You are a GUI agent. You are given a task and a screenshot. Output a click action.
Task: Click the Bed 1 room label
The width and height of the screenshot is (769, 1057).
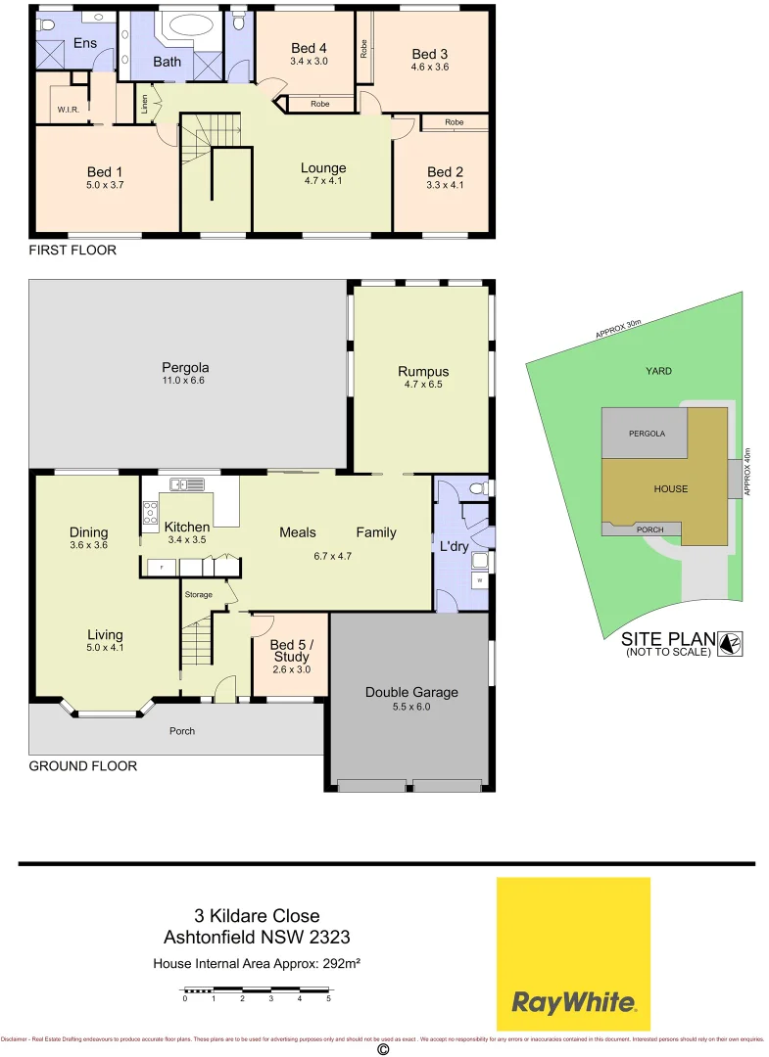tap(105, 171)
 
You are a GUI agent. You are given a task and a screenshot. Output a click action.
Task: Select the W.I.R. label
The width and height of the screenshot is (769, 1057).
tap(68, 110)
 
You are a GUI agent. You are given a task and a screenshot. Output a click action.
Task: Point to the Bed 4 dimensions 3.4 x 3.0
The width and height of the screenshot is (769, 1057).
tap(309, 61)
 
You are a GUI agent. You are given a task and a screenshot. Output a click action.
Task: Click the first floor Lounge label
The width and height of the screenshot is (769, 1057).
tap(322, 168)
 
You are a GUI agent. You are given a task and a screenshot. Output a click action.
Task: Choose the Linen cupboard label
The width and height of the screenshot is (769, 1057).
tap(144, 103)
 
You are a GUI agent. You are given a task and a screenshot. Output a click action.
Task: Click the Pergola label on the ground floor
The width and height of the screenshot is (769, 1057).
tap(185, 368)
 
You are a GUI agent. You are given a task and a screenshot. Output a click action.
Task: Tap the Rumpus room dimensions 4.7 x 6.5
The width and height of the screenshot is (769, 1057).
tap(423, 385)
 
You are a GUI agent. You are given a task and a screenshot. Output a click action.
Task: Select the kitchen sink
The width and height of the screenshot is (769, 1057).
tap(185, 483)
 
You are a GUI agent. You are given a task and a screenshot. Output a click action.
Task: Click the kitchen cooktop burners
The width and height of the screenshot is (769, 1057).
tap(151, 510)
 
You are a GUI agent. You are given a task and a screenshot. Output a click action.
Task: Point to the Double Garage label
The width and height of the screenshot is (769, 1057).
tap(411, 692)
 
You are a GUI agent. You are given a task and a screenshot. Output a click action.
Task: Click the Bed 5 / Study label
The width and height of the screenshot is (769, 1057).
tap(291, 650)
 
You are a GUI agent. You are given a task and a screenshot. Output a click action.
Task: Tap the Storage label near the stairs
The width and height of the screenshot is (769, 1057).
tap(200, 594)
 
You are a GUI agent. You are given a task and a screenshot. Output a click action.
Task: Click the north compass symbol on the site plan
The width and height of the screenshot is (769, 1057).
tap(731, 642)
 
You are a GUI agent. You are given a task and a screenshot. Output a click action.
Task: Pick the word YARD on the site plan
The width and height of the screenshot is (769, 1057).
tap(658, 371)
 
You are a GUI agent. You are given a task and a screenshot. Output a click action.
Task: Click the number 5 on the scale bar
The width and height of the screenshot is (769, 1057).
tap(328, 998)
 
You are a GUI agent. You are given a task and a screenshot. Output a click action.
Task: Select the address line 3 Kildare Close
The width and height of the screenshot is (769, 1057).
tap(257, 916)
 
